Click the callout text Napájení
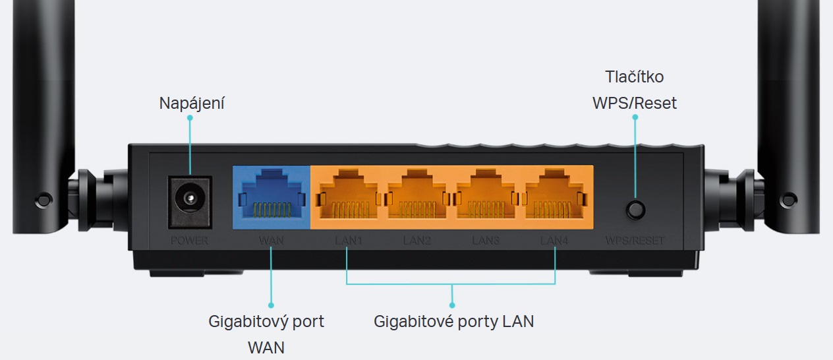point(192,104)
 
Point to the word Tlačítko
point(635,76)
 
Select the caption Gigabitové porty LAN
point(453,322)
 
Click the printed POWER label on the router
point(189,241)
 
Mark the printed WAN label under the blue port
point(271,241)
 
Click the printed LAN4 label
point(554,241)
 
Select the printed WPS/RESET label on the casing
point(635,241)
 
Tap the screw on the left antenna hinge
point(43,198)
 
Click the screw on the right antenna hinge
point(789,198)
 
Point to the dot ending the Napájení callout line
point(190,118)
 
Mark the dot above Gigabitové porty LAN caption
point(452,305)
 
